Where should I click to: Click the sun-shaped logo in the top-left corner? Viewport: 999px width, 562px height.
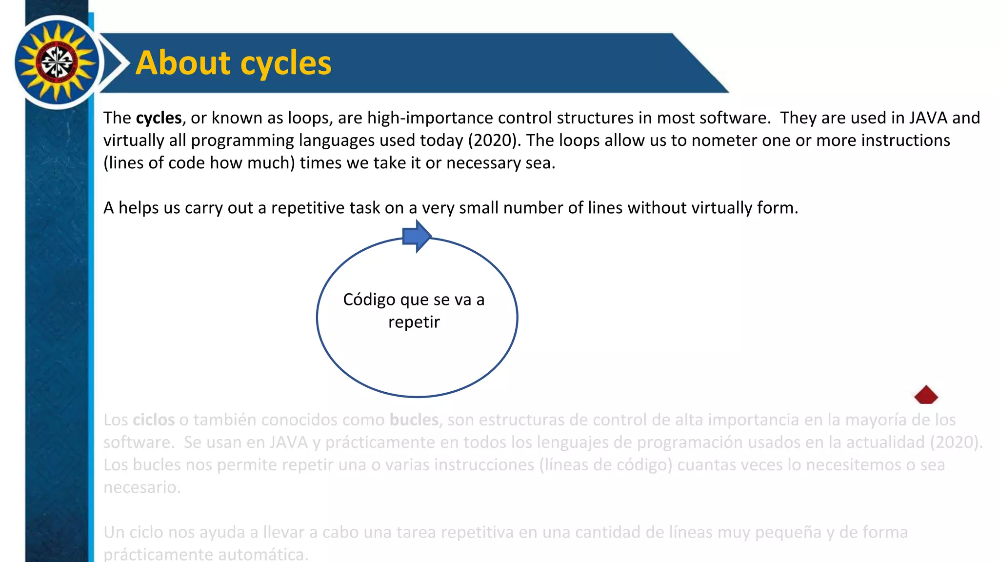tap(57, 62)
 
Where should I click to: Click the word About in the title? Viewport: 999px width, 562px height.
tap(183, 63)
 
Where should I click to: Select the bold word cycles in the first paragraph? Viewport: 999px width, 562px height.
tap(159, 118)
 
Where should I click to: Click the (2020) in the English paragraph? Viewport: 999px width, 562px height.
tap(494, 140)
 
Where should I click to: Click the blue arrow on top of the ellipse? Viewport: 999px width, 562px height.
tap(417, 236)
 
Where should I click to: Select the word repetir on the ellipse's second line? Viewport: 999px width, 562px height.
tap(414, 322)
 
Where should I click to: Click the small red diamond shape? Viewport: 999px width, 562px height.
tap(926, 395)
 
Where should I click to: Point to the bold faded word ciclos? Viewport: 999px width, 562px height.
tap(154, 420)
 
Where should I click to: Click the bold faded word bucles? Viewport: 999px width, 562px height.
tap(414, 420)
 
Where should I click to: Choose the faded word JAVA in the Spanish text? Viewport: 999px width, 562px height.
tap(289, 442)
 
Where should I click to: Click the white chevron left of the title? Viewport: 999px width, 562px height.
tap(116, 63)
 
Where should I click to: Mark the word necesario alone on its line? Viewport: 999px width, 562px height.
tap(141, 487)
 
